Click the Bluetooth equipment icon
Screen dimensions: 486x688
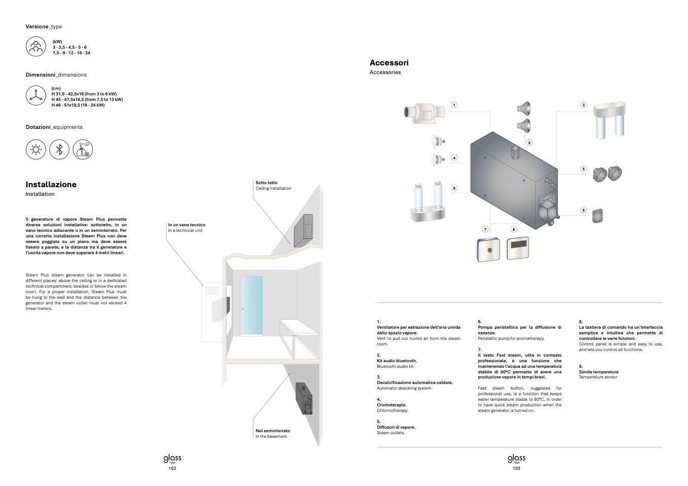tap(59, 150)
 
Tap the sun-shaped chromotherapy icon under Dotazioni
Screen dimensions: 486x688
tap(36, 150)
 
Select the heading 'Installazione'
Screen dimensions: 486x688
tap(51, 185)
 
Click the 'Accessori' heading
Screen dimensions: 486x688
tap(389, 63)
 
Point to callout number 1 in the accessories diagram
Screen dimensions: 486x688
tap(454, 105)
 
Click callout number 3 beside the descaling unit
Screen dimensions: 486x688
tap(583, 105)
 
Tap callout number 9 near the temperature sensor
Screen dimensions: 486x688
tap(583, 210)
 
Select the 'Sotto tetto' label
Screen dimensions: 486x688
tap(267, 183)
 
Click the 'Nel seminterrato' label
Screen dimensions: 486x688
tap(273, 431)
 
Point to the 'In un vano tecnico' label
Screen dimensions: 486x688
tap(187, 225)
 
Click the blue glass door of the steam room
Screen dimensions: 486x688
tap(252, 305)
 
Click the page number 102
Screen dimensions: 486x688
tap(172, 468)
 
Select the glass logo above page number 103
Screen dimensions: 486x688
tap(516, 459)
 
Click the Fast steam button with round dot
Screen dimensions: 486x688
tap(488, 250)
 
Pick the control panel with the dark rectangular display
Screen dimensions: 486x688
tap(518, 248)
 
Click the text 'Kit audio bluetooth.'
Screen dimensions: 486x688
tap(397, 361)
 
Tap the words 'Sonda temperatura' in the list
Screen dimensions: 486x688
tap(599, 372)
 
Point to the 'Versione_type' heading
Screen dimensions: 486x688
tap(44, 26)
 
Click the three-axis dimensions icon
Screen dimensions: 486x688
tap(36, 95)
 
